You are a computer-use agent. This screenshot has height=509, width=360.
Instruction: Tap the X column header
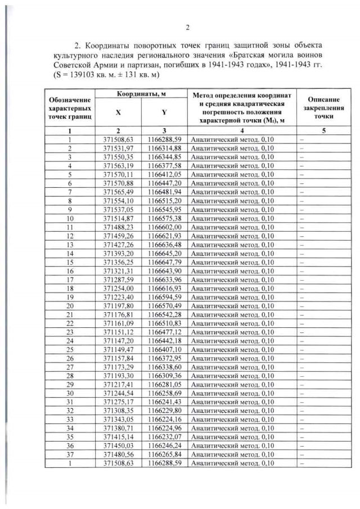pyautogui.click(x=118, y=112)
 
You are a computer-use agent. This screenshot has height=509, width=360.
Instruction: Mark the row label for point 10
pyautogui.click(x=70, y=218)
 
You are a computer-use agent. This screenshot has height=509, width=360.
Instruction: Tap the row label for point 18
pyautogui.click(x=70, y=288)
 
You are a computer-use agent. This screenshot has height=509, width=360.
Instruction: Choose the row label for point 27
pyautogui.click(x=70, y=367)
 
